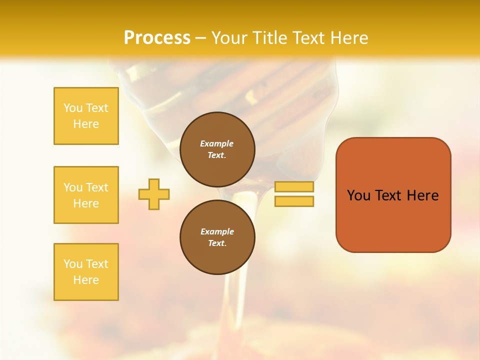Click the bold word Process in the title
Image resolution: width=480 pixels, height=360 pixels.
[157, 38]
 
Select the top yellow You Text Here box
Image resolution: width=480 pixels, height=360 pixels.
[86, 116]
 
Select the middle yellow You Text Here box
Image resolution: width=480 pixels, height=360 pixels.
[86, 195]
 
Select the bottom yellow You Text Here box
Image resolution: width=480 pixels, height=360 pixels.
[86, 272]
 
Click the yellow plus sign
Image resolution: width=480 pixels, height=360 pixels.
[154, 194]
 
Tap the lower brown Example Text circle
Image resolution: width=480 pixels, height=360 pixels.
[217, 237]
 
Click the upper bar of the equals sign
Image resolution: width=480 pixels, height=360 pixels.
[294, 187]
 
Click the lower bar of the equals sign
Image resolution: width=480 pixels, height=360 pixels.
[294, 201]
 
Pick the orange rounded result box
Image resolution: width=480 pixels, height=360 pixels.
[393, 220]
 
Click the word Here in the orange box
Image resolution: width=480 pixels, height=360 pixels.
[422, 195]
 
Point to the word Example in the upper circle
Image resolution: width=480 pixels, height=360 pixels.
[217, 143]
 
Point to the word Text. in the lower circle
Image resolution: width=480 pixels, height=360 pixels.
[217, 243]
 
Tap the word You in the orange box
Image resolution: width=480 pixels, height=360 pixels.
[358, 195]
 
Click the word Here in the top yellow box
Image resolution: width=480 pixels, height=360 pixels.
[86, 124]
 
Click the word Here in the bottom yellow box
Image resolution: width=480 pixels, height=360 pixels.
[86, 280]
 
